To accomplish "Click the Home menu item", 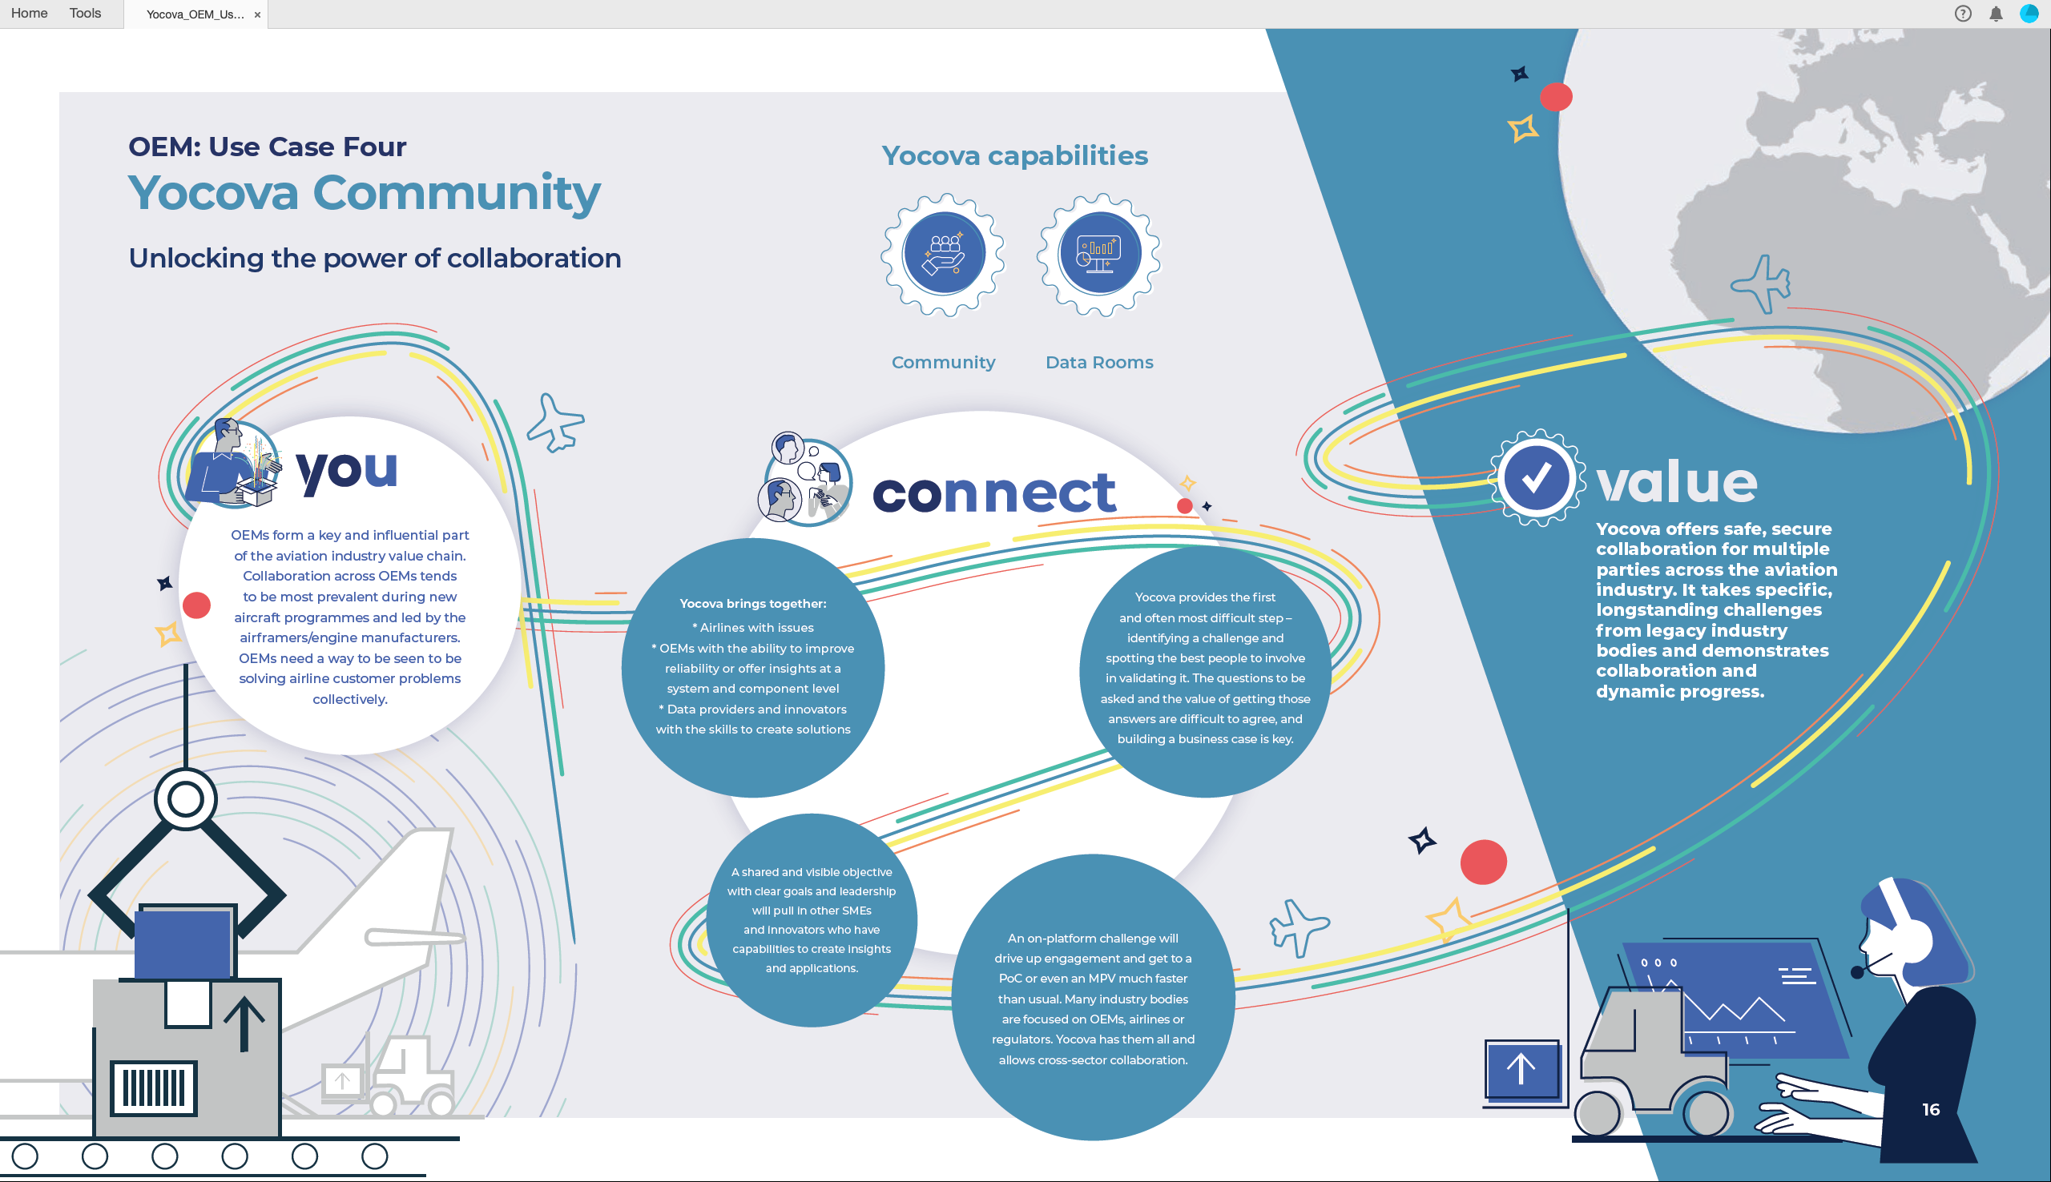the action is pyautogui.click(x=29, y=13).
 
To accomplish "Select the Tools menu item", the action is pyautogui.click(x=85, y=13).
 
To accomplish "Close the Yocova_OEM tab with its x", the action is pyautogui.click(x=257, y=14).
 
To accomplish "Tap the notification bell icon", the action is pyautogui.click(x=1996, y=14).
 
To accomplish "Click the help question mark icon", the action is pyautogui.click(x=1963, y=14).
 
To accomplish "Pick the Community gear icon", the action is pyautogui.click(x=944, y=255).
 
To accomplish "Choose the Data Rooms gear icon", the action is pyautogui.click(x=1099, y=255).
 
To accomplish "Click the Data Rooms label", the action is pyautogui.click(x=1099, y=363).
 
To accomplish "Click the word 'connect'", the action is pyautogui.click(x=994, y=492).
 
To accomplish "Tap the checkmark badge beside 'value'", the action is pyautogui.click(x=1536, y=478).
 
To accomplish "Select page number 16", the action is pyautogui.click(x=1931, y=1110).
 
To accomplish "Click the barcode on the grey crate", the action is pyautogui.click(x=154, y=1088).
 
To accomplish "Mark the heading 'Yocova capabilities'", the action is pyautogui.click(x=1015, y=156).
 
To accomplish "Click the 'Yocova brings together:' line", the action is pyautogui.click(x=752, y=604).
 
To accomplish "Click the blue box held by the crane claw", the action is pyautogui.click(x=183, y=944).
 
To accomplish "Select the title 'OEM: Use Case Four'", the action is pyautogui.click(x=267, y=147).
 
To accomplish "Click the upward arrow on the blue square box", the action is pyautogui.click(x=1521, y=1069).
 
